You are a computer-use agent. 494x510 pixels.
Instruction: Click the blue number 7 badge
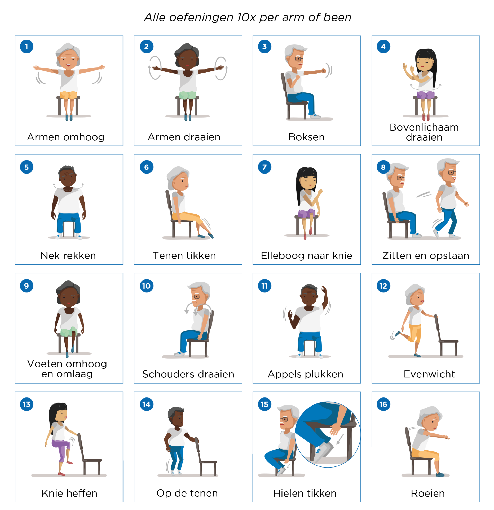pos(264,167)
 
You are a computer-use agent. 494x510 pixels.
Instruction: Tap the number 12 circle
pos(383,286)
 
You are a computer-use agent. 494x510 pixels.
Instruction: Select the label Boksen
pos(306,137)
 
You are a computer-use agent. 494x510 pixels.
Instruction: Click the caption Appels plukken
pos(305,374)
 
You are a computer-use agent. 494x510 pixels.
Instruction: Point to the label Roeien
pos(428,493)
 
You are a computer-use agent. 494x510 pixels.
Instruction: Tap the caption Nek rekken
pos(68,256)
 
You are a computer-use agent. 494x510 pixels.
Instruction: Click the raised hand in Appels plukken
pos(324,289)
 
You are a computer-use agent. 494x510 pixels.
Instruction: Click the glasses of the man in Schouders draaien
pos(196,296)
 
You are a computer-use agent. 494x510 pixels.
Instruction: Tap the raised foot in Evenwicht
pos(398,334)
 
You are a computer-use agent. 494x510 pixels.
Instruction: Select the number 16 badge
pos(383,404)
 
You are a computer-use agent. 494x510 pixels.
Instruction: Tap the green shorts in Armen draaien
pos(188,95)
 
